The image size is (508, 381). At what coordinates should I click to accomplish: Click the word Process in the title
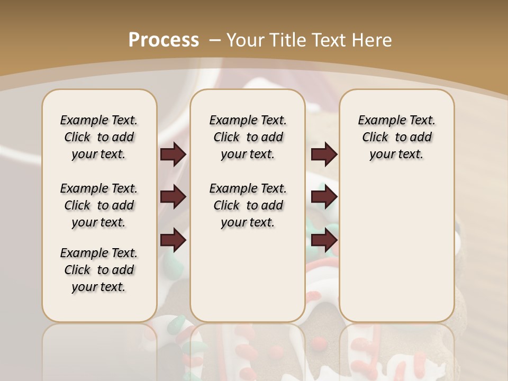pos(164,40)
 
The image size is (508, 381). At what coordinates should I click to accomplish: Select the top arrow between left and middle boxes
pos(173,154)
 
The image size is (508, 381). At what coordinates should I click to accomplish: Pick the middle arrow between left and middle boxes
pos(173,197)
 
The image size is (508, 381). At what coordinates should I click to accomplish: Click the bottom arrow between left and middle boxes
pos(173,241)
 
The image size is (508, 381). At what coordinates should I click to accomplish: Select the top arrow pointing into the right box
pos(324,154)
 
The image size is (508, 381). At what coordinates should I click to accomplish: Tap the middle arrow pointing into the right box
pos(324,197)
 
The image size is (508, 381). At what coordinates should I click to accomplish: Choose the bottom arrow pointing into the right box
pos(324,241)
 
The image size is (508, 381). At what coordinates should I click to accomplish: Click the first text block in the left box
pos(99,137)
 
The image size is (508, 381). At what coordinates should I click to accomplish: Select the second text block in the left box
pos(99,205)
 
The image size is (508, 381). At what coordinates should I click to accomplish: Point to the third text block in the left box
pos(99,270)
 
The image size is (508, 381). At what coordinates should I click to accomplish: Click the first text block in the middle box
pos(248,137)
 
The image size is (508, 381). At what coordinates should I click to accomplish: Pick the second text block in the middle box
pos(248,205)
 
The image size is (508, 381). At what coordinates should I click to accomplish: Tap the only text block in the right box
pos(396,137)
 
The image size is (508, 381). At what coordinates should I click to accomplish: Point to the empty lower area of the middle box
pos(248,275)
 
